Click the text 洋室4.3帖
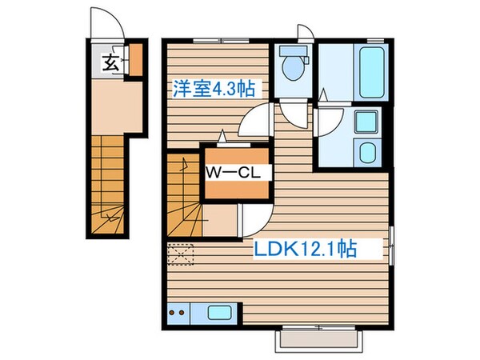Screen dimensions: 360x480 click(214, 87)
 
